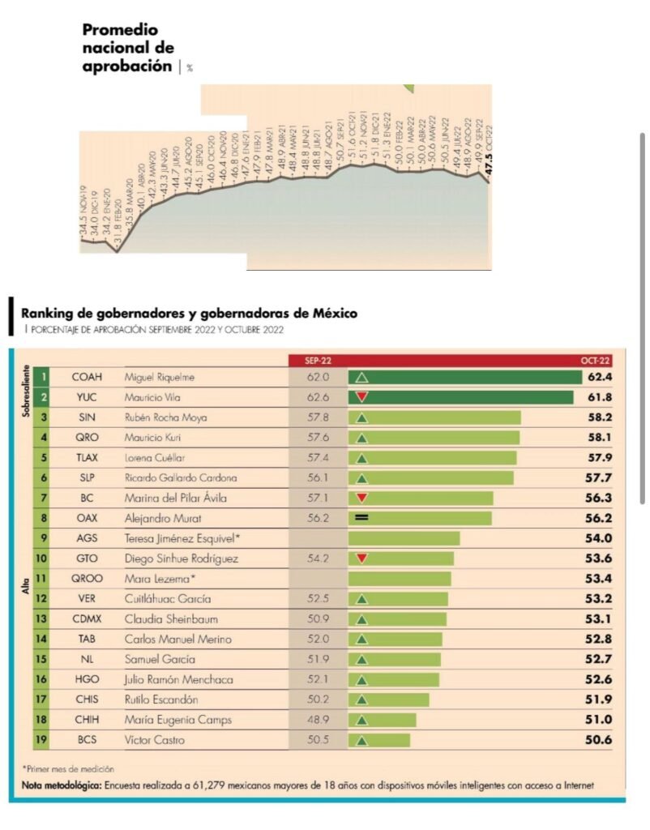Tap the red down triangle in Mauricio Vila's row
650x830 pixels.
tap(362, 397)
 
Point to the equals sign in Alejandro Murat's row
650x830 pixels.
tap(361, 518)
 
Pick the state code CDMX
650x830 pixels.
tap(87, 618)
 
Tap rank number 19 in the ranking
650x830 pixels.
tap(42, 740)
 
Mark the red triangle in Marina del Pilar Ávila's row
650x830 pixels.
tap(362, 498)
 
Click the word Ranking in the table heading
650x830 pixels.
tap(48, 313)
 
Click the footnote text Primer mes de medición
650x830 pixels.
tap(68, 768)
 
